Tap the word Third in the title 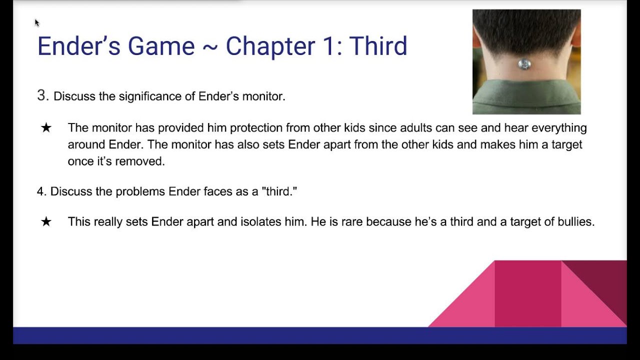[378, 46]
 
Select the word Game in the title [161, 46]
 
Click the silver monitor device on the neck [524, 64]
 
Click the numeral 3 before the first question [42, 95]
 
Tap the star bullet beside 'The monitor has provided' [46, 128]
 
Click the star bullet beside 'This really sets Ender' [46, 222]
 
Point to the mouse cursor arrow [36, 22]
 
